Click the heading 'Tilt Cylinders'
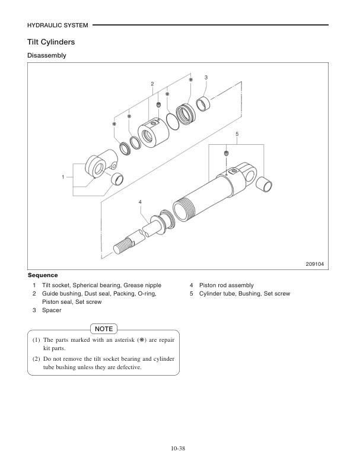pyautogui.click(x=51, y=43)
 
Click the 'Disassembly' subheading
pyautogui.click(x=47, y=56)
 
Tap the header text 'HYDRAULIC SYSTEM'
pyautogui.click(x=58, y=25)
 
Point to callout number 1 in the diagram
pyautogui.click(x=63, y=177)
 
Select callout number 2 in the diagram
pyautogui.click(x=152, y=84)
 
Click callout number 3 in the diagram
pyautogui.click(x=206, y=78)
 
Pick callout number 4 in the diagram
pyautogui.click(x=141, y=202)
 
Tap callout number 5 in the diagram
pyautogui.click(x=237, y=134)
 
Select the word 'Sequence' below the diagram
pyautogui.click(x=43, y=275)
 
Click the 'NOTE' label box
pyautogui.click(x=104, y=328)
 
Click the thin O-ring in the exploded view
pyautogui.click(x=173, y=120)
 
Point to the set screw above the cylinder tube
pyautogui.click(x=227, y=154)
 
